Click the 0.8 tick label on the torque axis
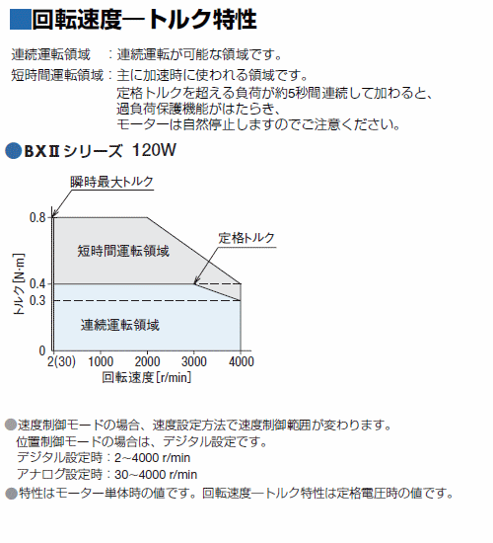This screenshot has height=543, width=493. pyautogui.click(x=37, y=217)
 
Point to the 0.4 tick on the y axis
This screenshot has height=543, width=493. pyautogui.click(x=37, y=284)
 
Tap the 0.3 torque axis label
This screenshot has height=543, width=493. pyautogui.click(x=37, y=300)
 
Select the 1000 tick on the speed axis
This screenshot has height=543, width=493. pyautogui.click(x=101, y=362)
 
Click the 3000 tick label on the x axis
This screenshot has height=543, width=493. pyautogui.click(x=194, y=362)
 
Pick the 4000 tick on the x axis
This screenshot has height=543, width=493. pyautogui.click(x=242, y=362)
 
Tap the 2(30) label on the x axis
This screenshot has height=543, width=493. pyautogui.click(x=61, y=362)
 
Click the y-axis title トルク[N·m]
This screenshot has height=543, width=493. pyautogui.click(x=19, y=284)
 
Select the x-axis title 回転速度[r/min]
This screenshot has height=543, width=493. pyautogui.click(x=147, y=377)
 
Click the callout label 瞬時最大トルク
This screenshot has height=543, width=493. pyautogui.click(x=111, y=182)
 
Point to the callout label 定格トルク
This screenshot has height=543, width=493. pyautogui.click(x=246, y=238)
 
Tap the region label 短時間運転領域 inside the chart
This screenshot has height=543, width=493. pyautogui.click(x=123, y=251)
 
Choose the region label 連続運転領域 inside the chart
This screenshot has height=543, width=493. pyautogui.click(x=120, y=325)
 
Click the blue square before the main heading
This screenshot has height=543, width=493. pyautogui.click(x=20, y=19)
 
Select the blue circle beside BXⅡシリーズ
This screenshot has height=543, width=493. pyautogui.click(x=14, y=151)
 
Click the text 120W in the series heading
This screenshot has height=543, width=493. pyautogui.click(x=154, y=150)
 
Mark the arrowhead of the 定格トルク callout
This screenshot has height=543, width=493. pyautogui.click(x=196, y=281)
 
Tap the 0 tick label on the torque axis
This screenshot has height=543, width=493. pyautogui.click(x=42, y=350)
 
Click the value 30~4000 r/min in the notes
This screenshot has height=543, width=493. pyautogui.click(x=156, y=475)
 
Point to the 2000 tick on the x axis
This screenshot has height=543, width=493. pyautogui.click(x=147, y=362)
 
